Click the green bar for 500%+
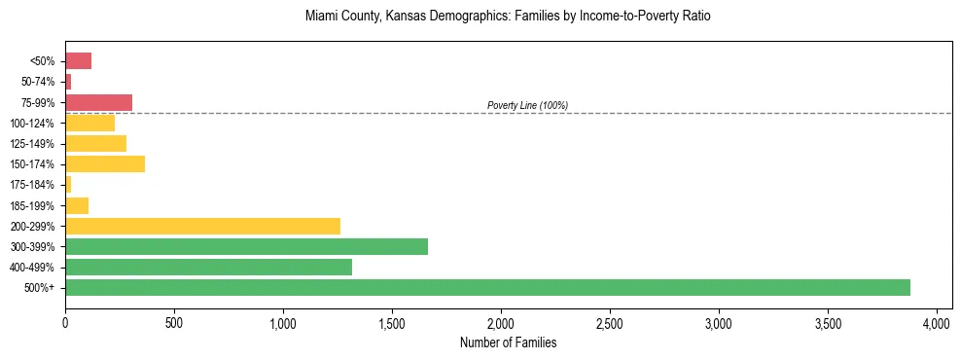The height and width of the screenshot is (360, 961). coord(486,287)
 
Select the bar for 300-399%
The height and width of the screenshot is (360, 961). coord(246,246)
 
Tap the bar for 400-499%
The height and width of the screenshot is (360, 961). coord(208,267)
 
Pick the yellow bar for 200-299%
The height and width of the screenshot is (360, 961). coord(202,226)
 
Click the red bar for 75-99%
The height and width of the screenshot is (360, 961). coord(98,102)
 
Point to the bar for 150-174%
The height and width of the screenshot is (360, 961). coord(105,163)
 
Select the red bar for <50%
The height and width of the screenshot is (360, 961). coord(78,61)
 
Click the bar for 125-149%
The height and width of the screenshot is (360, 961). coord(95,143)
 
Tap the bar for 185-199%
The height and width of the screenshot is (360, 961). coord(77,205)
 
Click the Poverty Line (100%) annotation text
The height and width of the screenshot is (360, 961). coord(527,105)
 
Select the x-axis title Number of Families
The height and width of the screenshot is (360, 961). coord(509,342)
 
